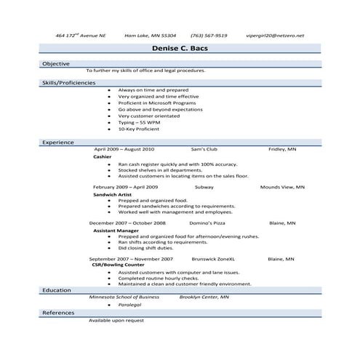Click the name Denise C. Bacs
[x=180, y=49]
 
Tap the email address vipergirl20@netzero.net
[x=276, y=34]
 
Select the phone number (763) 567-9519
[x=209, y=34]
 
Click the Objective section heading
[x=55, y=64]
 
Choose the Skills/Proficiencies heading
[x=68, y=83]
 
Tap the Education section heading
[x=56, y=290]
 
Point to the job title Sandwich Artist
[x=113, y=194]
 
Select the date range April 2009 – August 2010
[x=124, y=148]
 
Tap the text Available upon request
[x=116, y=320]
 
